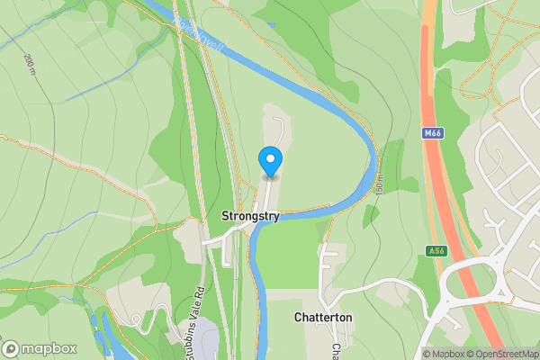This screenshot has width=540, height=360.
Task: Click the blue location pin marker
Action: tap(269, 161)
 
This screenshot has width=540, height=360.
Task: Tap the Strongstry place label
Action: tap(250, 217)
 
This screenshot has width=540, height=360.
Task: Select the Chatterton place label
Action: tap(322, 319)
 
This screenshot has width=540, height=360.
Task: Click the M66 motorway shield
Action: tap(432, 133)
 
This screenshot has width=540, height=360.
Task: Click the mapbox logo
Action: tap(40, 348)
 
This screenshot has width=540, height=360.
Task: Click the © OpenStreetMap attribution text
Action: tap(504, 354)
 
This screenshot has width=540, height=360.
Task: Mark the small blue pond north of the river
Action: tap(272, 24)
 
